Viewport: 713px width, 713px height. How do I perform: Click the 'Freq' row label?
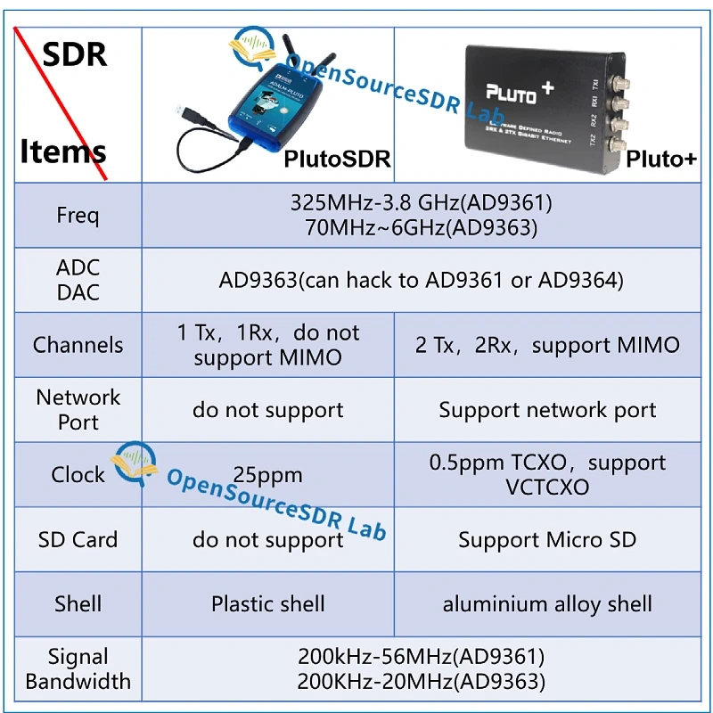coord(78,215)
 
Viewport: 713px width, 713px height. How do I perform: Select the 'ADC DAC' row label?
coord(78,280)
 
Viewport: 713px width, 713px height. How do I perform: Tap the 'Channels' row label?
coord(78,345)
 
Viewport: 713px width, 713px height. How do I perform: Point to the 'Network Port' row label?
coord(78,410)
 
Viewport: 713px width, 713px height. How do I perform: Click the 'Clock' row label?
coord(78,474)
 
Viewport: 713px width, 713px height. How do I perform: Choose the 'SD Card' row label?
coord(78,539)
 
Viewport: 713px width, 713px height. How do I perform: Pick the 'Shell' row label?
coord(78,603)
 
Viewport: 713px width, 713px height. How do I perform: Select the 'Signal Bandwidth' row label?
coord(78,669)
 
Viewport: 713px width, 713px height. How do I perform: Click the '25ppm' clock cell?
coord(267,475)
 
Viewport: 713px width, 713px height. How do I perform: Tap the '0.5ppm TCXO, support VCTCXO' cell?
coord(547,475)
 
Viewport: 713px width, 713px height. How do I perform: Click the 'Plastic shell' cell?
coord(267,603)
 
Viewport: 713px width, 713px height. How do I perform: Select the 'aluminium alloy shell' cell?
coord(547,603)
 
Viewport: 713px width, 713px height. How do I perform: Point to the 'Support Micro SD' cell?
coord(547,539)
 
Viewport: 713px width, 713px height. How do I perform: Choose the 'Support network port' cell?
coord(547,410)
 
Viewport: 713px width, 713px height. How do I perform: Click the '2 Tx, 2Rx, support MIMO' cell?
coord(547,345)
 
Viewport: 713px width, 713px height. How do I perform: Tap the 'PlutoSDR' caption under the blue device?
coord(337,159)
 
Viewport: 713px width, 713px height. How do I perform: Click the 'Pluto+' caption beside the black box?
coord(660,159)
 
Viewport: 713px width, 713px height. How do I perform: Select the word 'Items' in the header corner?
coord(63,152)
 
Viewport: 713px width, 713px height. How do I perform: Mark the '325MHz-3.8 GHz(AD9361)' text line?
coord(422,202)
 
